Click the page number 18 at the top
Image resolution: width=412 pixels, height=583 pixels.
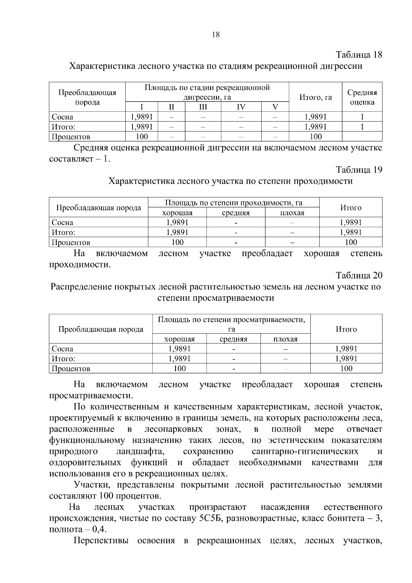[x=216, y=34]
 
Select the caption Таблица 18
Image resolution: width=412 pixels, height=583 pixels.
[x=359, y=55]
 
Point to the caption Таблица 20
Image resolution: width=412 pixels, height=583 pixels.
[x=359, y=275]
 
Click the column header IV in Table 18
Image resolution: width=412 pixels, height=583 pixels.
[x=241, y=107]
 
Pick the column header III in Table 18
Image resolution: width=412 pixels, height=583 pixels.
[x=203, y=107]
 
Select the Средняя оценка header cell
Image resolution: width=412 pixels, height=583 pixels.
[x=362, y=97]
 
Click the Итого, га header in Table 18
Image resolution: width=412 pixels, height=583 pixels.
[x=316, y=98]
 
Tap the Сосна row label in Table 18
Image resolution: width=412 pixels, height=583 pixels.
[x=62, y=117]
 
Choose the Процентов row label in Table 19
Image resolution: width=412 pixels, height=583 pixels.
[x=71, y=242]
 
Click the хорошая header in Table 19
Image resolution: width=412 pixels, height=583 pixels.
[x=177, y=213]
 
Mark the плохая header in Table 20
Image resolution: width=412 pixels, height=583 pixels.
[x=285, y=339]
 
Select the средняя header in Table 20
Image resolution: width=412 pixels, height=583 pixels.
[x=233, y=339]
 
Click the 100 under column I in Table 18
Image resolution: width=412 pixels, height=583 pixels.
[x=141, y=137]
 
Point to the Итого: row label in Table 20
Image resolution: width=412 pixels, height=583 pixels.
[x=64, y=359]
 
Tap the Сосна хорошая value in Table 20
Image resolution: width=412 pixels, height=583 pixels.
[x=180, y=349]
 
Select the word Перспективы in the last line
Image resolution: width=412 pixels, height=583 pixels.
[x=101, y=541]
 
